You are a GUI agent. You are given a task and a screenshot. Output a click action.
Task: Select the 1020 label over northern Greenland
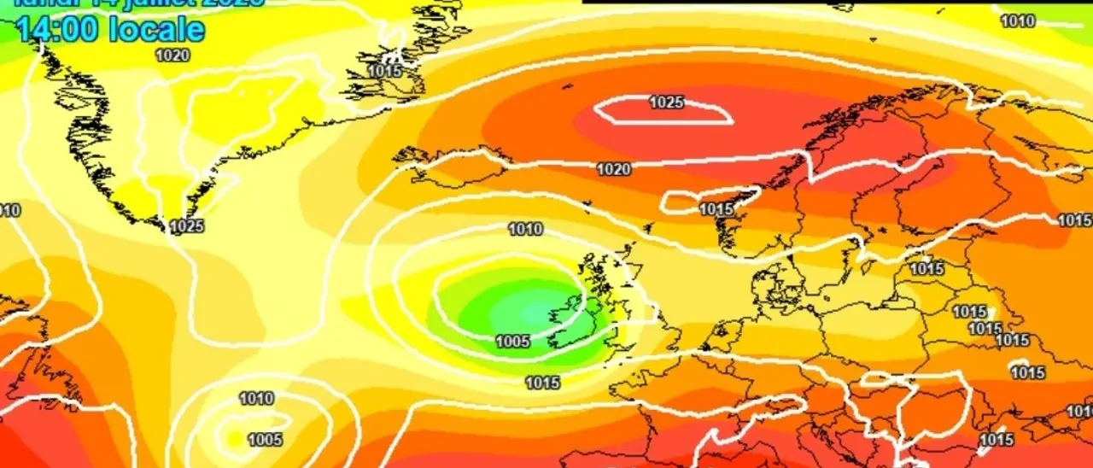(172, 56)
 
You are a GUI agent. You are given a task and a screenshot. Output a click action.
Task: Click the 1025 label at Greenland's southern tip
(187, 226)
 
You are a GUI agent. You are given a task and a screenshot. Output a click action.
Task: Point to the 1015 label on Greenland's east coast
(385, 71)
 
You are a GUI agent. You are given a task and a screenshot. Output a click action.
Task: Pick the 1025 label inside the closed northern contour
(666, 102)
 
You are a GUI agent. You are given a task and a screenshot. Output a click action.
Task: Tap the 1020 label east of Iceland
(613, 169)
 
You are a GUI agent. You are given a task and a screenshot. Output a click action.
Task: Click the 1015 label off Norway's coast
(716, 209)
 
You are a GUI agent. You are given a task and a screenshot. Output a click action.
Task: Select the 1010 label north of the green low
(524, 229)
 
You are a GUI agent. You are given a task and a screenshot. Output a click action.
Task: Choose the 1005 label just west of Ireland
(512, 342)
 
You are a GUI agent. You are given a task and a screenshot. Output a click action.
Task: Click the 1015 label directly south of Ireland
(542, 383)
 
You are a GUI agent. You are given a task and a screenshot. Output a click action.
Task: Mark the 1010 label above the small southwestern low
(256, 398)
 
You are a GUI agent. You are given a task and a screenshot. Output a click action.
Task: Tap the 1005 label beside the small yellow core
(265, 440)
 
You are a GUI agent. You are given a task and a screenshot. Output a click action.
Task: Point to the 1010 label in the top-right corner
(1017, 20)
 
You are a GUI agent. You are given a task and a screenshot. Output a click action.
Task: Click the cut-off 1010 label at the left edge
(9, 210)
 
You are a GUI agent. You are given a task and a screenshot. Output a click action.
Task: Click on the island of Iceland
(444, 162)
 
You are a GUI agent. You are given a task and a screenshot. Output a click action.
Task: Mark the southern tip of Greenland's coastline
(162, 225)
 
